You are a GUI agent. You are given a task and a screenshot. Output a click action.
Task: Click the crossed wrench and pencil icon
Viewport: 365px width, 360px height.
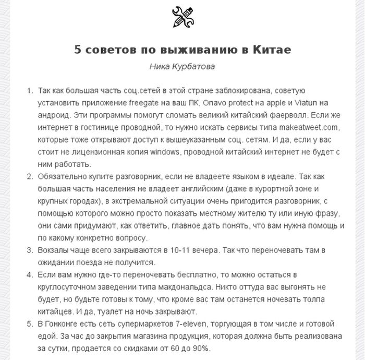pos(182,17)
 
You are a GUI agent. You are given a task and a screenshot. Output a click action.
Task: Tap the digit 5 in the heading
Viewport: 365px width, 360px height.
pos(78,50)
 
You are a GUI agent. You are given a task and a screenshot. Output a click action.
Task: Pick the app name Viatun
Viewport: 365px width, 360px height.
pos(312,103)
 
